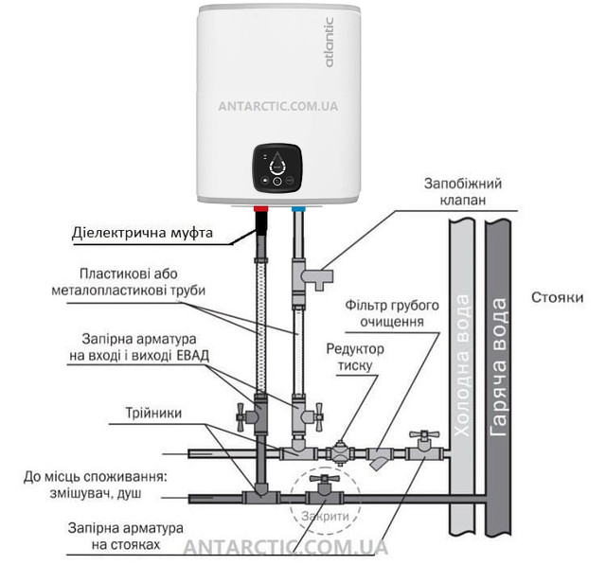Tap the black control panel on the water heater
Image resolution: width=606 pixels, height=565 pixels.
278,168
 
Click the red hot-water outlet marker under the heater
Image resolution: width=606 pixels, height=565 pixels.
261,205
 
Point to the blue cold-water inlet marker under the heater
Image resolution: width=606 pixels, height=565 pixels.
299,205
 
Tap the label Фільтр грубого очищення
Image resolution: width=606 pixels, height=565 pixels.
392,313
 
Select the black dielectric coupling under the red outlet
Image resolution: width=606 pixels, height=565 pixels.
261,226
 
